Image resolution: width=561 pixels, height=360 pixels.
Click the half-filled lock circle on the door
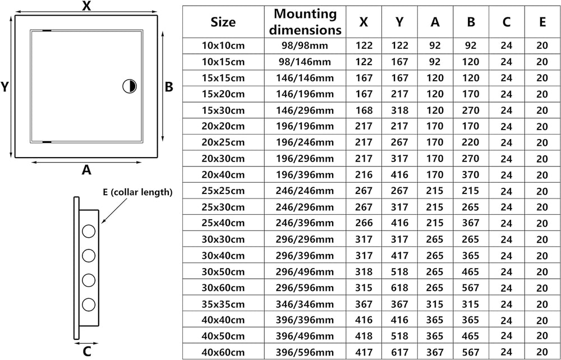(130, 86)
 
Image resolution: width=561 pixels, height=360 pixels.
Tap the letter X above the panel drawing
(86, 6)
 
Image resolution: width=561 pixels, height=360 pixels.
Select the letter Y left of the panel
(4, 86)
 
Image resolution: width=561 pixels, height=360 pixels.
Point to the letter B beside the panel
(169, 86)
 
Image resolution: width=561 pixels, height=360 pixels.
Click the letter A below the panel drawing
(86, 170)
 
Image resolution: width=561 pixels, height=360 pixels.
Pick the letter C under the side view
(87, 352)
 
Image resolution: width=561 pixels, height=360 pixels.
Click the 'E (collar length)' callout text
(137, 192)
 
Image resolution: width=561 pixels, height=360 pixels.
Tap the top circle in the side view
(89, 231)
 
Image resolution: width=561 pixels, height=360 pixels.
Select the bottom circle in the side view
(89, 305)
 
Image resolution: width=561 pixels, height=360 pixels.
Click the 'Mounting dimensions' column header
(305, 22)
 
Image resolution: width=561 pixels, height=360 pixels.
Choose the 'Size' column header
(223, 22)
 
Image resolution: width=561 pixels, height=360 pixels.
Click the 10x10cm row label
(223, 45)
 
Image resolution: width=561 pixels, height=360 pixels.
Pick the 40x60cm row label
(223, 352)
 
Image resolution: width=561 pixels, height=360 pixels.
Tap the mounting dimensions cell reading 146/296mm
(305, 110)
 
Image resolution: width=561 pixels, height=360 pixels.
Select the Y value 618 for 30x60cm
(399, 288)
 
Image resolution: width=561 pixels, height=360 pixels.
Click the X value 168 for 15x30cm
(364, 110)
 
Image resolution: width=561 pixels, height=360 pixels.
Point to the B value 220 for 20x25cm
(471, 142)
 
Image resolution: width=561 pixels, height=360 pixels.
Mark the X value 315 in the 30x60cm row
(364, 288)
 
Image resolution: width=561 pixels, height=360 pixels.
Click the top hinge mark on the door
(47, 30)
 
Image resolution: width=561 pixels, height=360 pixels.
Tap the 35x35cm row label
(223, 304)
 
